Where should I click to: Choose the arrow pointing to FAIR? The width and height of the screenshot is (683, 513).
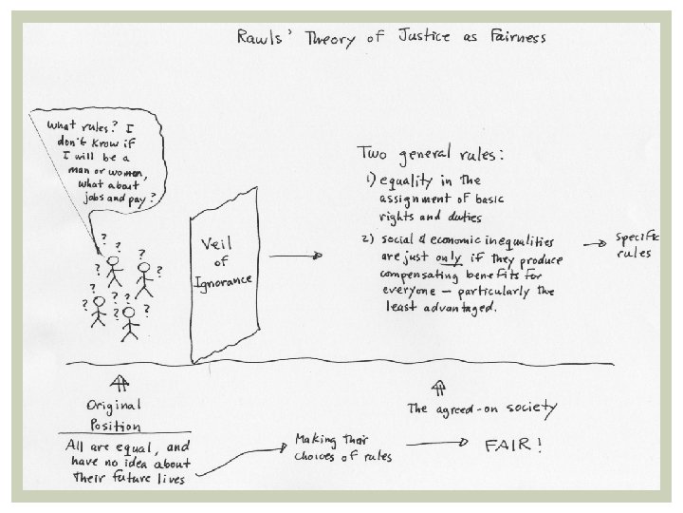(437, 444)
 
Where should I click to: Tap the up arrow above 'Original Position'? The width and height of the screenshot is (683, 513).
(120, 384)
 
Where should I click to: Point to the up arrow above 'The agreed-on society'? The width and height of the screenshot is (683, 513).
(439, 387)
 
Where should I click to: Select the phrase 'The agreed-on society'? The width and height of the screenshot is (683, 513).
(482, 410)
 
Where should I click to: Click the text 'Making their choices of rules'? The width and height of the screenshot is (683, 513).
(342, 448)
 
